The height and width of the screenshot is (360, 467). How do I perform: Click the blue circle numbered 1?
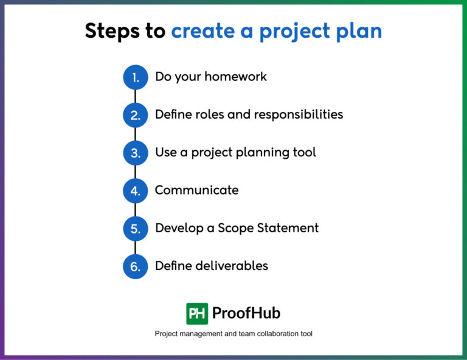tap(135, 77)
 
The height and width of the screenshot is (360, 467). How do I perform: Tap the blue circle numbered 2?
tap(135, 115)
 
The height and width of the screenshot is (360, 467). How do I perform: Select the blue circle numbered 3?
tap(135, 153)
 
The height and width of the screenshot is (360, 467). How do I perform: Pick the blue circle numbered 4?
tap(135, 191)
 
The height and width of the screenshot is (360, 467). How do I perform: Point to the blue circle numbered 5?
tap(135, 229)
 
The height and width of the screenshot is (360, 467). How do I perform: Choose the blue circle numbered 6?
tap(135, 266)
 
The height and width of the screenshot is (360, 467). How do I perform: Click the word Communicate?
tap(196, 190)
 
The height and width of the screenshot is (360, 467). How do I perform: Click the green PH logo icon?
tap(197, 313)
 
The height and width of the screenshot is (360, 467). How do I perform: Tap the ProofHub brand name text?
tap(246, 313)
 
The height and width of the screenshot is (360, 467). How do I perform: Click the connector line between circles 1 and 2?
tap(135, 96)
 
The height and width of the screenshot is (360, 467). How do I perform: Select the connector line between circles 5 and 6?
tap(135, 247)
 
